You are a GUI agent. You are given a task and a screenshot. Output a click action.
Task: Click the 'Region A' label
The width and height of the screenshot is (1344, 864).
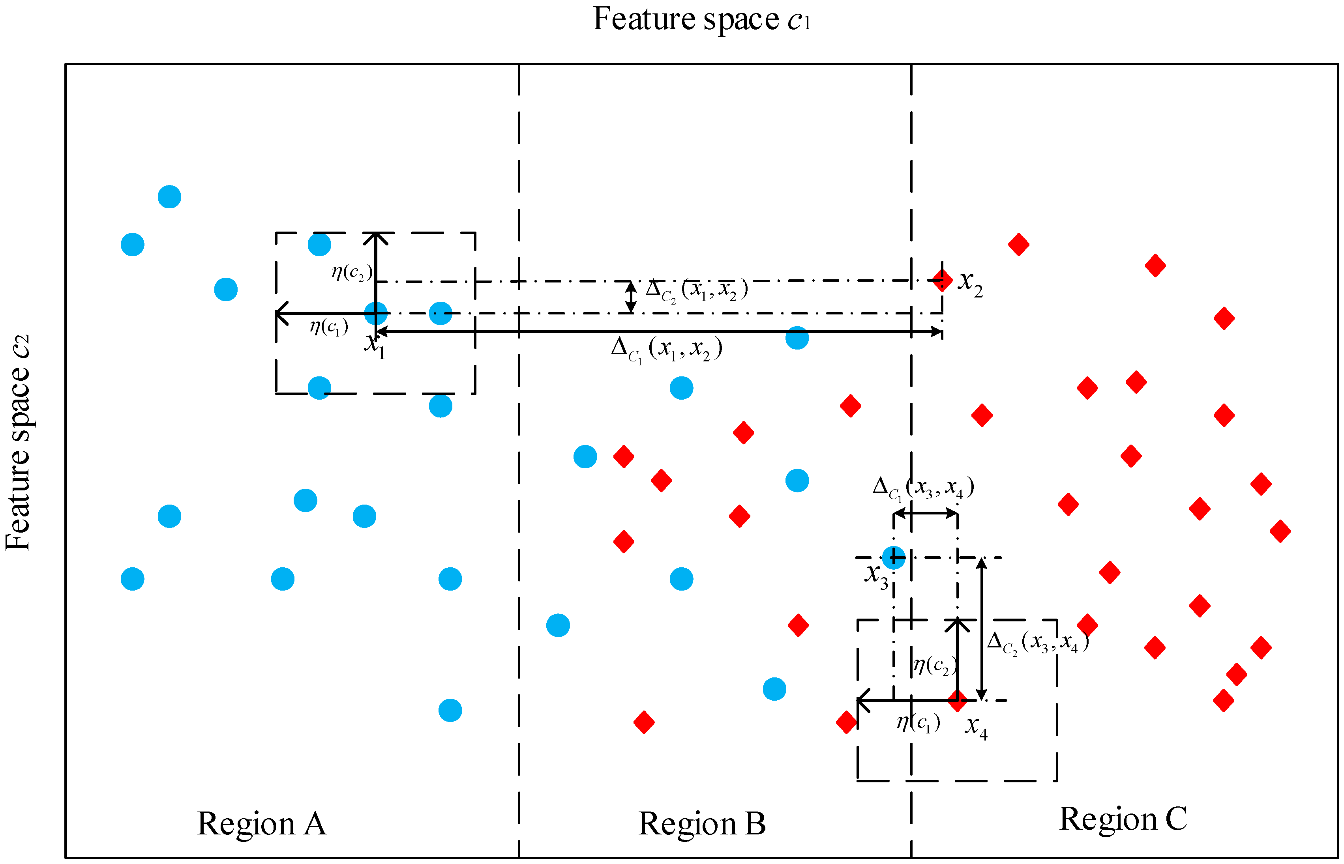click(x=262, y=824)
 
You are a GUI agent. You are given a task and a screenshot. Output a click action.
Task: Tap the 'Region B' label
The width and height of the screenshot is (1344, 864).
click(x=702, y=824)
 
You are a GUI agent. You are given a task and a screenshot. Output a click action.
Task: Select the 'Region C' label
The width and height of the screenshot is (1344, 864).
click(x=1123, y=819)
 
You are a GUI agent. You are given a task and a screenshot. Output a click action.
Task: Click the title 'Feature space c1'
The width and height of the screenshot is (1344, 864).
click(x=701, y=20)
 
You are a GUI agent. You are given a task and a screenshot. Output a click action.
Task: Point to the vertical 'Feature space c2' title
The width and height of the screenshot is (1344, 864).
click(x=18, y=443)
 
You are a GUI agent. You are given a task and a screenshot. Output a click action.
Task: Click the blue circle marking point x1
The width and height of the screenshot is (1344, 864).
click(x=375, y=313)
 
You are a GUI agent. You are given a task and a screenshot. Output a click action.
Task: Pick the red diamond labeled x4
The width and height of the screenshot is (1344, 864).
click(x=957, y=699)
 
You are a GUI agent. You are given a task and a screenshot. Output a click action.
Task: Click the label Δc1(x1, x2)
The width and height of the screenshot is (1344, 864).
click(x=666, y=350)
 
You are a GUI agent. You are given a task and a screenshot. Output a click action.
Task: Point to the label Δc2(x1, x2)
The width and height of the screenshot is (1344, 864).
click(x=696, y=290)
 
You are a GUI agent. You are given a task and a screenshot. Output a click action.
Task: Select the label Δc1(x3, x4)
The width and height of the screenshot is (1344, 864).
click(x=923, y=487)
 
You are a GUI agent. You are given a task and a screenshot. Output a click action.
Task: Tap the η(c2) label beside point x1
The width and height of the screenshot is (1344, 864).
click(x=351, y=273)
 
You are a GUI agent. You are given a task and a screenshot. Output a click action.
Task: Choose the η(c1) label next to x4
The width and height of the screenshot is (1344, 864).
click(x=918, y=723)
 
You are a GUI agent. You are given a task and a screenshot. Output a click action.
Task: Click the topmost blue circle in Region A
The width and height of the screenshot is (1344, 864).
click(x=169, y=197)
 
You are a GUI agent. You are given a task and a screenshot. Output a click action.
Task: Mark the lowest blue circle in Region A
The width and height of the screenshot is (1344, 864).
click(x=450, y=710)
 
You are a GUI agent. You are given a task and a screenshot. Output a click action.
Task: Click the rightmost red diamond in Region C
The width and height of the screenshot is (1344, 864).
click(x=1280, y=531)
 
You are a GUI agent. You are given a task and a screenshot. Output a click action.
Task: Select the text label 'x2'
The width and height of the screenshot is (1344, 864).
click(x=970, y=283)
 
